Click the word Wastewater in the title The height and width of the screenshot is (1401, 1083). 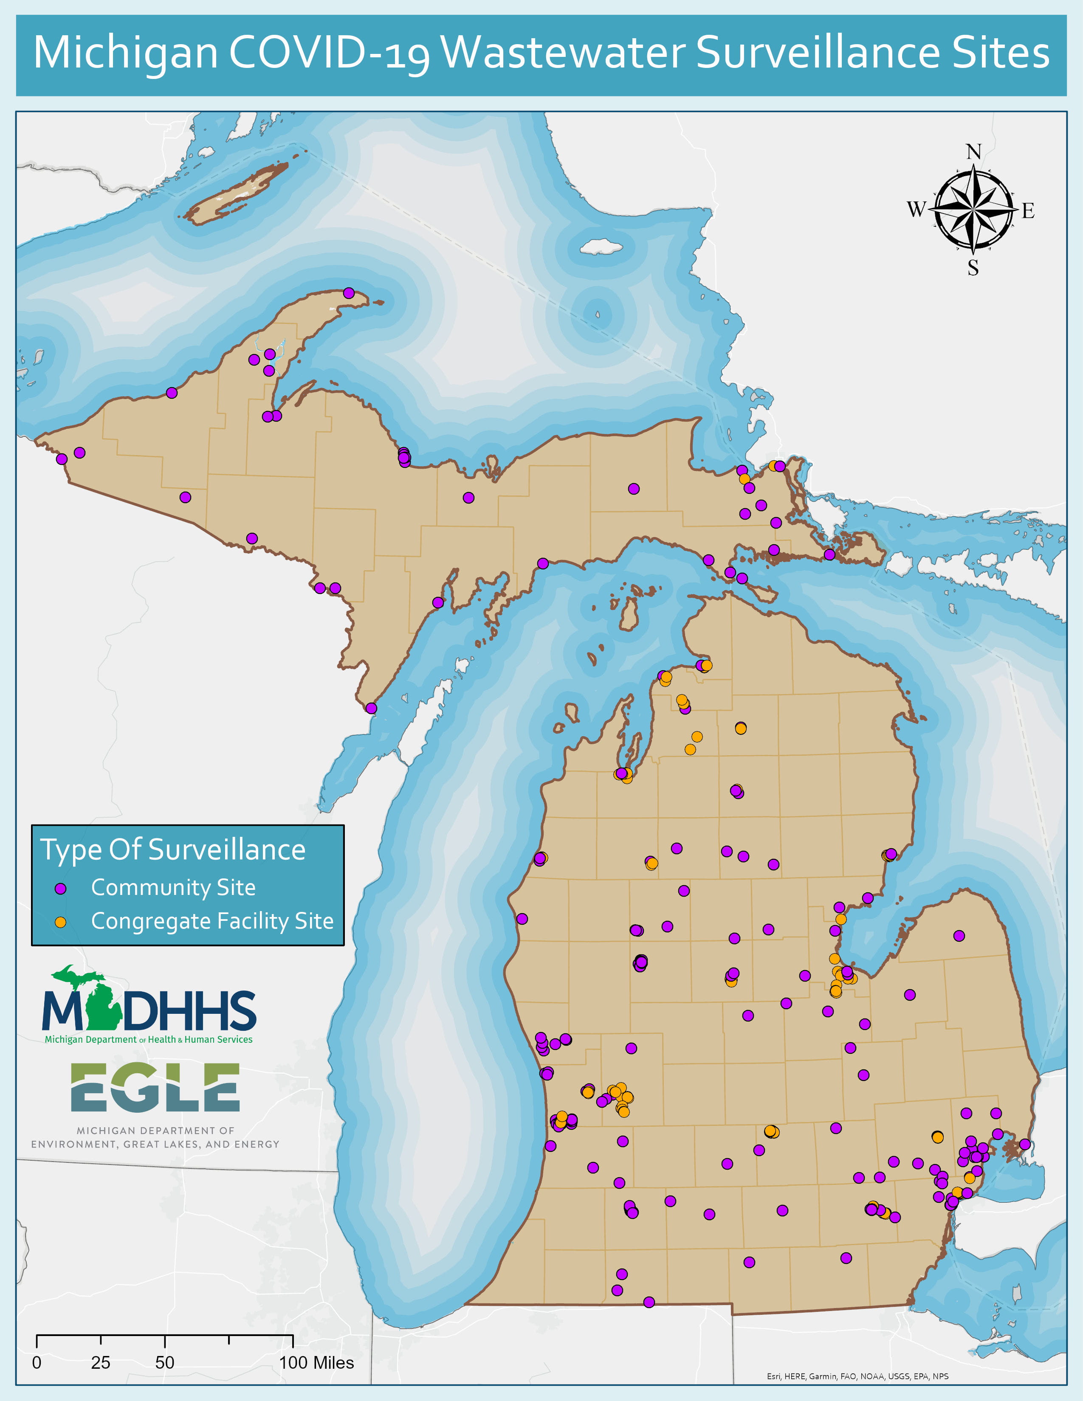click(x=563, y=53)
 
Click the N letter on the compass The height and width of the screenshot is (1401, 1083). click(x=973, y=152)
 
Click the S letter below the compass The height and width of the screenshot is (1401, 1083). click(x=973, y=268)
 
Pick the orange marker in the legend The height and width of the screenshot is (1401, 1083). click(x=60, y=922)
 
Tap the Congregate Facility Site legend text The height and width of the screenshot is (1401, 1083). click(x=212, y=921)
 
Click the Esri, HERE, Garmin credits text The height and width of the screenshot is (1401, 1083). click(x=857, y=1376)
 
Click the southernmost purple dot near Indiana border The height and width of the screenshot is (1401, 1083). click(x=649, y=1302)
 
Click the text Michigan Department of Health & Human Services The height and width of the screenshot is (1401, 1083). click(x=148, y=1039)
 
